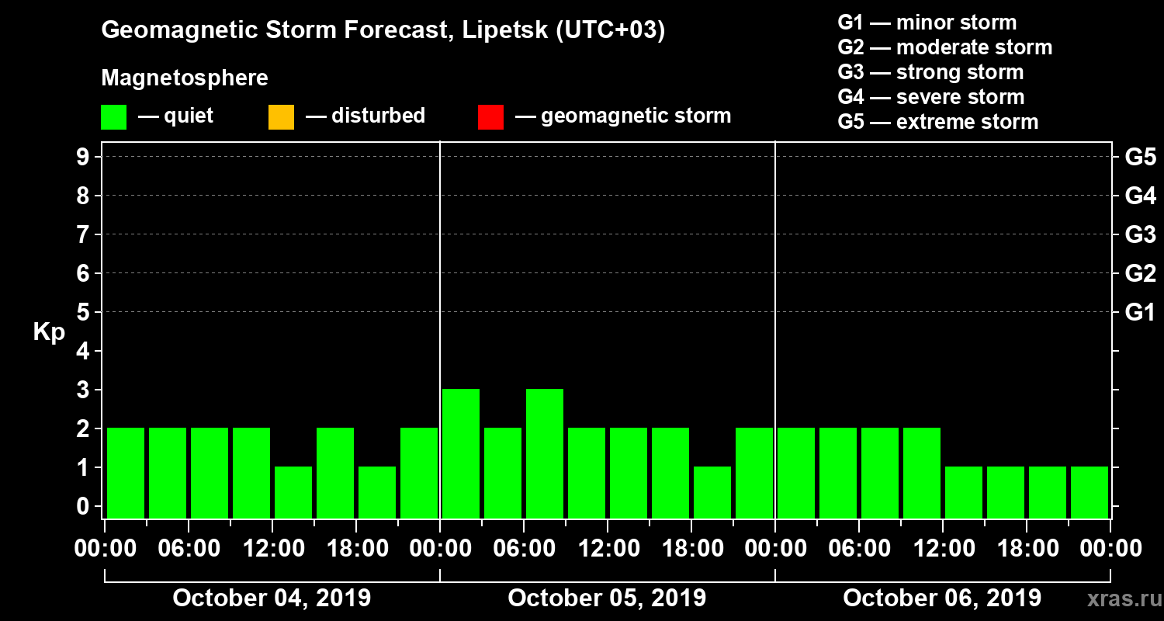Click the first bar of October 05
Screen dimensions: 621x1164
pyautogui.click(x=461, y=453)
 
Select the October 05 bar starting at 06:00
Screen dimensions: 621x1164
pyautogui.click(x=545, y=453)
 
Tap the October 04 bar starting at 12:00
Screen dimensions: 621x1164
pyautogui.click(x=293, y=492)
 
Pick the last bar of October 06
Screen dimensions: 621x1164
pyautogui.click(x=1090, y=492)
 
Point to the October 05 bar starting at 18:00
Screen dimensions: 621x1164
pyautogui.click(x=712, y=492)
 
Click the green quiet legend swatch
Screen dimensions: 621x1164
pyautogui.click(x=113, y=117)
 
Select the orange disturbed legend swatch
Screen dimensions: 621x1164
pyautogui.click(x=281, y=117)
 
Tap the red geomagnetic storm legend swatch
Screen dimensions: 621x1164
pyautogui.click(x=490, y=117)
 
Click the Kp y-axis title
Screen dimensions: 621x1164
pyautogui.click(x=49, y=332)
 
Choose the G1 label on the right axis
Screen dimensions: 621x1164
pyautogui.click(x=1140, y=313)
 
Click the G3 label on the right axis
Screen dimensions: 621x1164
pyautogui.click(x=1140, y=234)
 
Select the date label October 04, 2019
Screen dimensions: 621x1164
pyautogui.click(x=272, y=598)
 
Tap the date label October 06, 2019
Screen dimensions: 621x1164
pyautogui.click(x=942, y=598)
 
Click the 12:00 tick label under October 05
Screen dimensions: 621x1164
pyautogui.click(x=608, y=549)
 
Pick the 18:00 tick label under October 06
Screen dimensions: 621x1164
pyautogui.click(x=1027, y=549)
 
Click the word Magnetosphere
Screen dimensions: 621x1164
pyautogui.click(x=185, y=78)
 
